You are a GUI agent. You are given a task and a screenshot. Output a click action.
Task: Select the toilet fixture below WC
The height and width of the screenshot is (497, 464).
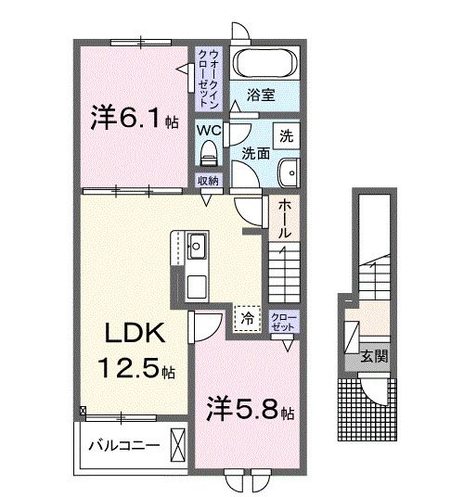pyautogui.click(x=208, y=152)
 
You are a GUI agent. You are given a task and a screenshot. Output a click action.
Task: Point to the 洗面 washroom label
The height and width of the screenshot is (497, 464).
pyautogui.click(x=257, y=152)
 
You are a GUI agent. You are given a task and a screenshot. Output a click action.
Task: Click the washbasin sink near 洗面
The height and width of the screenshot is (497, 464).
pyautogui.click(x=289, y=172)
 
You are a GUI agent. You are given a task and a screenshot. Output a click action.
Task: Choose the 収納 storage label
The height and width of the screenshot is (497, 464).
pyautogui.click(x=208, y=181)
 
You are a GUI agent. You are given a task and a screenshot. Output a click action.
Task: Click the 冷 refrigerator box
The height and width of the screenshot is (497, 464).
pyautogui.click(x=247, y=318)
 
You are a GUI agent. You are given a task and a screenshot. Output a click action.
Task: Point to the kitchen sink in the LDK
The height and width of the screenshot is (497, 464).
pyautogui.click(x=196, y=248)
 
